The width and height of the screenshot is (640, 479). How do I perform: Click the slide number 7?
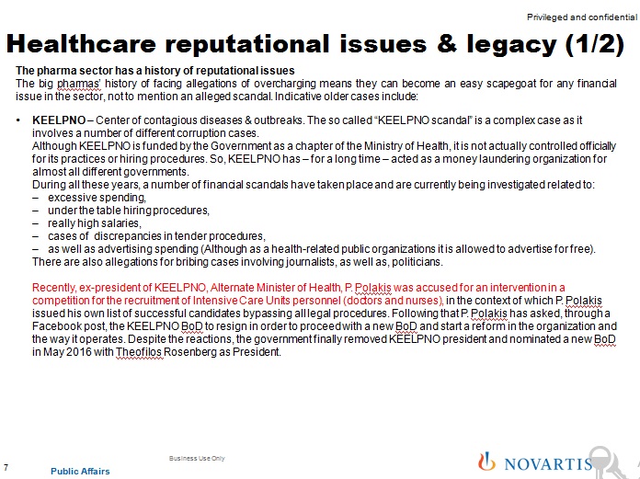(x=7, y=468)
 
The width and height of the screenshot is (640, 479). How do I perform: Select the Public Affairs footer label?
(x=80, y=472)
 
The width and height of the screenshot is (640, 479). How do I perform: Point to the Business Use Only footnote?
(x=197, y=458)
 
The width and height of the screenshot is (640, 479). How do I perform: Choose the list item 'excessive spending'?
(x=86, y=198)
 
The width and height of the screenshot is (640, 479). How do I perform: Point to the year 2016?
(x=81, y=352)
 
